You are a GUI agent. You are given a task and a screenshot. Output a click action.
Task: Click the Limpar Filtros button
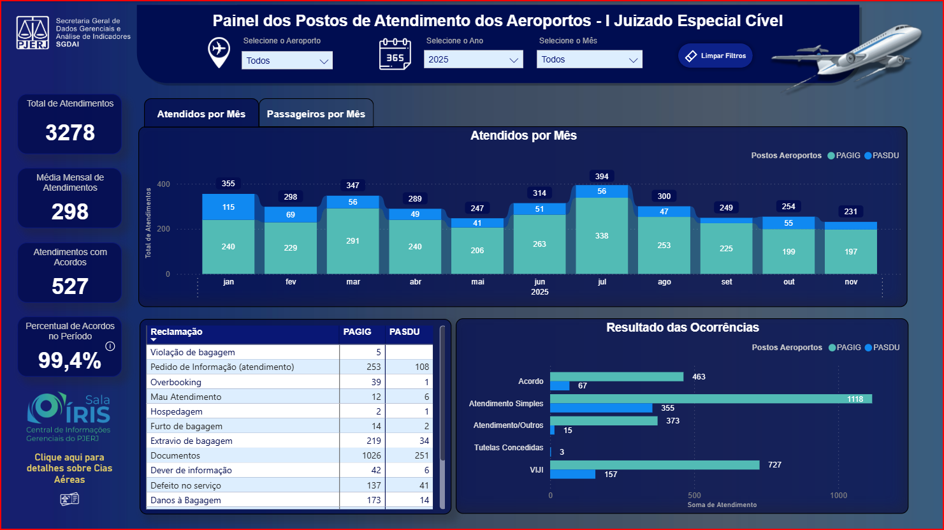pyautogui.click(x=715, y=56)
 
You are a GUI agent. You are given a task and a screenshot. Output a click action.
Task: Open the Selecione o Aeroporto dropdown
pyautogui.click(x=287, y=61)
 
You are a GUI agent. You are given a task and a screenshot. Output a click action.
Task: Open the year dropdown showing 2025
pyautogui.click(x=473, y=60)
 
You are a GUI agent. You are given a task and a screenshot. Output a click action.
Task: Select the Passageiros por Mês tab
pyautogui.click(x=316, y=114)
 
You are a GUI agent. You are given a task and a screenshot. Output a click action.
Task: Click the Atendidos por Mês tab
pyautogui.click(x=201, y=114)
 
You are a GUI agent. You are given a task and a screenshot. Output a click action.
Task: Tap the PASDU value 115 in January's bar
pyautogui.click(x=228, y=207)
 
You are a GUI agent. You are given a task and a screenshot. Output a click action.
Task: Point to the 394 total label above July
pyautogui.click(x=602, y=177)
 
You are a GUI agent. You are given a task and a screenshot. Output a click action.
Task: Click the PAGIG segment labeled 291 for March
pyautogui.click(x=352, y=241)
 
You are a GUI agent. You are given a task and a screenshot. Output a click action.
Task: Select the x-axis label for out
pyautogui.click(x=789, y=282)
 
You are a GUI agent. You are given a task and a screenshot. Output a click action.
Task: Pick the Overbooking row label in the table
pyautogui.click(x=176, y=382)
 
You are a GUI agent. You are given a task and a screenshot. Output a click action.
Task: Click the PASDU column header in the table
pyautogui.click(x=404, y=332)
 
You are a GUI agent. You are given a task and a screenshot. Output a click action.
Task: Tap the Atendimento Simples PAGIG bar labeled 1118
pyautogui.click(x=711, y=399)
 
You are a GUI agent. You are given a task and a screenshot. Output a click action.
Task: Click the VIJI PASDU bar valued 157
pyautogui.click(x=572, y=475)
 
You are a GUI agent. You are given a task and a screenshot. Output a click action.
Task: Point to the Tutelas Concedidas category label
pyautogui.click(x=509, y=448)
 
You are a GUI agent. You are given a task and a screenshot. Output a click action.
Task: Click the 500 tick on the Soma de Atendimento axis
pyautogui.click(x=694, y=496)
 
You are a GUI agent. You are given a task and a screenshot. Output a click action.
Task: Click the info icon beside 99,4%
pyautogui.click(x=110, y=346)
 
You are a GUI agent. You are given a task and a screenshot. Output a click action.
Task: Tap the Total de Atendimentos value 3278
pyautogui.click(x=70, y=133)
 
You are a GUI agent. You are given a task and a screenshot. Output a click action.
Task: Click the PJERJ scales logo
pyautogui.click(x=33, y=33)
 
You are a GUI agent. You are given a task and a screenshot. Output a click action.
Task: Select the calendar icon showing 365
pyautogui.click(x=395, y=54)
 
